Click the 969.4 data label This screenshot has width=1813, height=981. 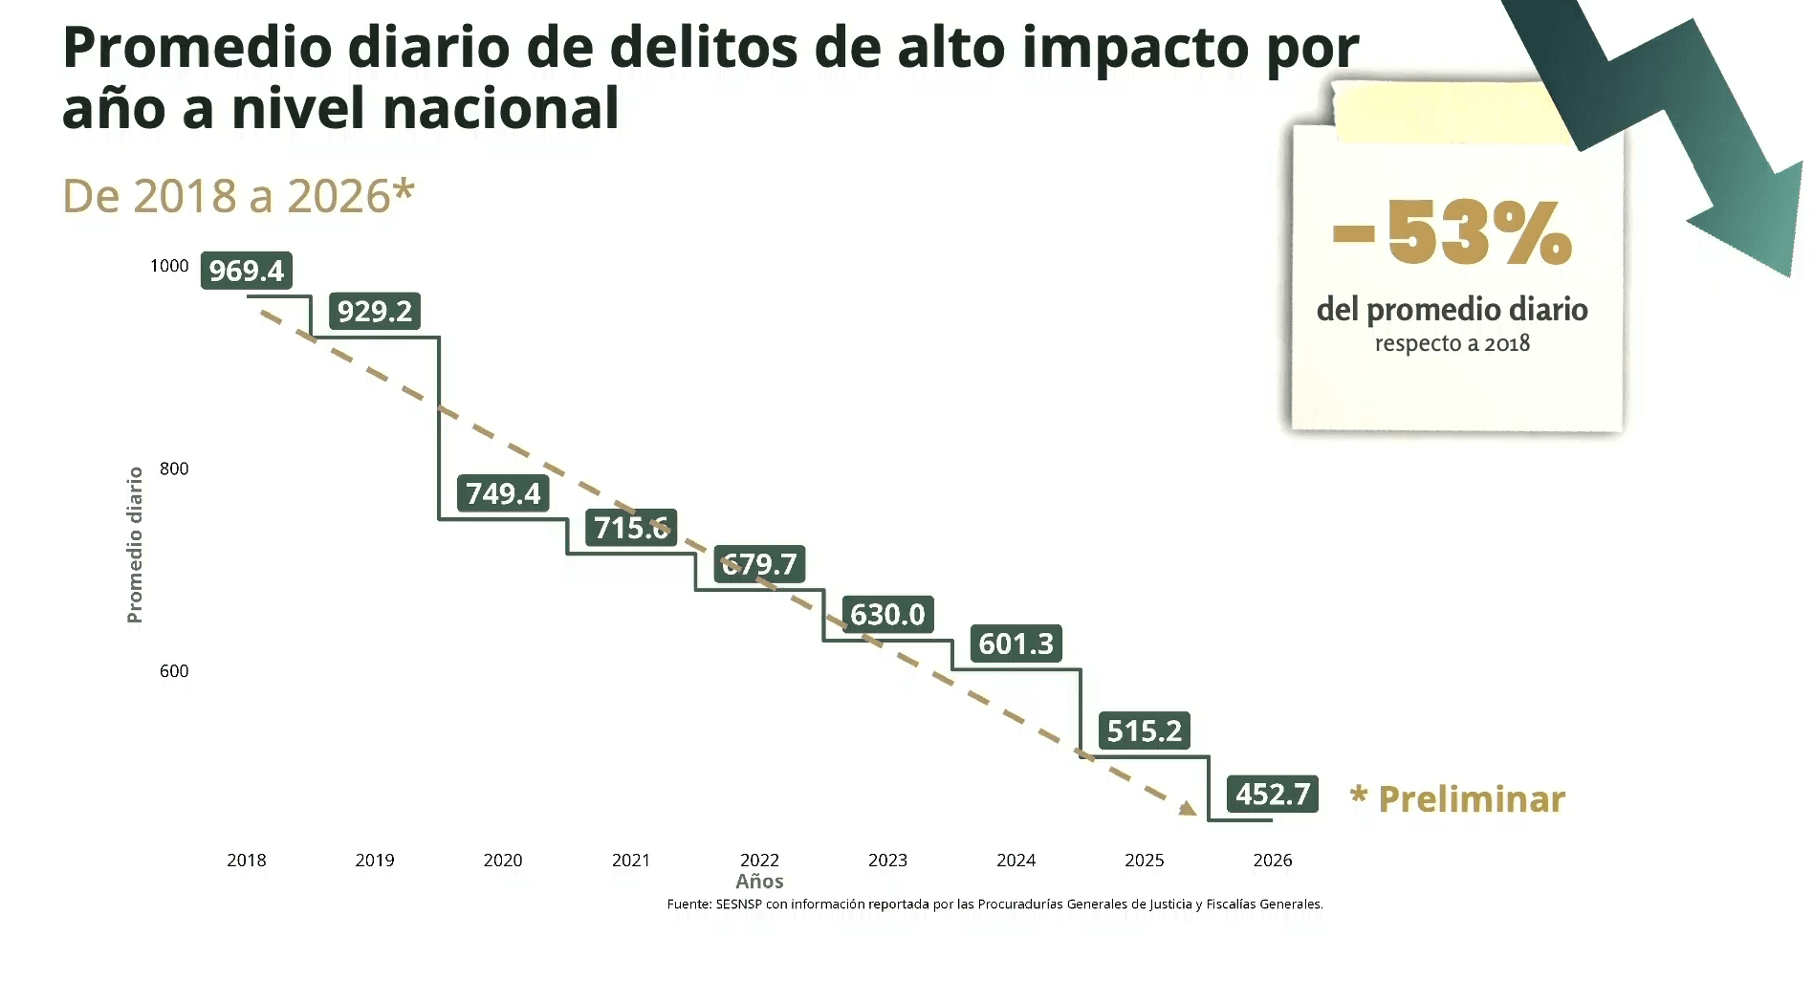(247, 271)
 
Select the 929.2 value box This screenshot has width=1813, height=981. (375, 311)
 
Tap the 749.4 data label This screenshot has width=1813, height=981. (503, 493)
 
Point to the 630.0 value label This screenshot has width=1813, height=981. (888, 614)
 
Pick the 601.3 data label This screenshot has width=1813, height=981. (1016, 643)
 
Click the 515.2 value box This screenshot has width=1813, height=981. (1145, 730)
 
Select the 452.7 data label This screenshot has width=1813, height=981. (1273, 794)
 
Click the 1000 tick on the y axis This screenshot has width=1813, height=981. (169, 266)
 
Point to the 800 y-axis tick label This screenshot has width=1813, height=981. (174, 469)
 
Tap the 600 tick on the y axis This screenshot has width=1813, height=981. (174, 671)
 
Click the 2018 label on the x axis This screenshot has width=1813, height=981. (247, 861)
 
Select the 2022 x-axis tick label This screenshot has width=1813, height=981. (760, 861)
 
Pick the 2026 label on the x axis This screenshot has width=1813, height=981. (1273, 861)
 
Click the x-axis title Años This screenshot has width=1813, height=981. (760, 882)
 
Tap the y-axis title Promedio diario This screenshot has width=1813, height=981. (135, 545)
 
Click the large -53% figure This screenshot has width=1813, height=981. (1453, 232)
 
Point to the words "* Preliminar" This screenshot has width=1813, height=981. (1457, 798)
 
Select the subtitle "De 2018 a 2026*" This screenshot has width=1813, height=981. (238, 196)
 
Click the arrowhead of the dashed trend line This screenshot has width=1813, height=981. (1189, 809)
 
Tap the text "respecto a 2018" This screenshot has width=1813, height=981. (1453, 343)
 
